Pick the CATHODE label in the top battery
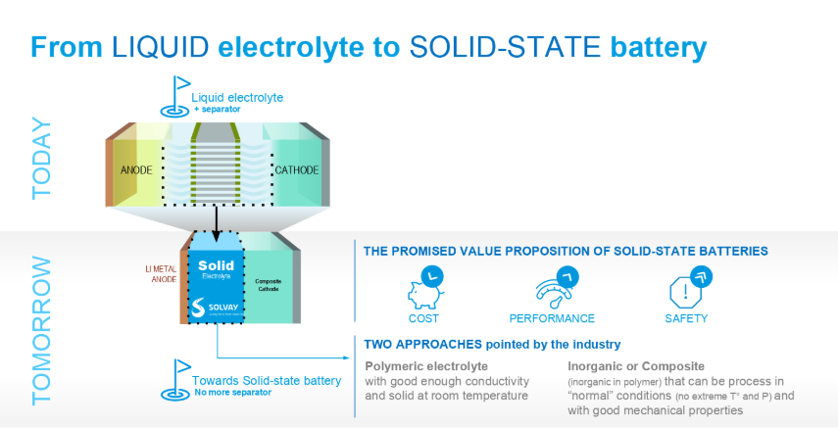(297, 170)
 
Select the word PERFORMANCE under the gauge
(552, 318)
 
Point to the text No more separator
(232, 392)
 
